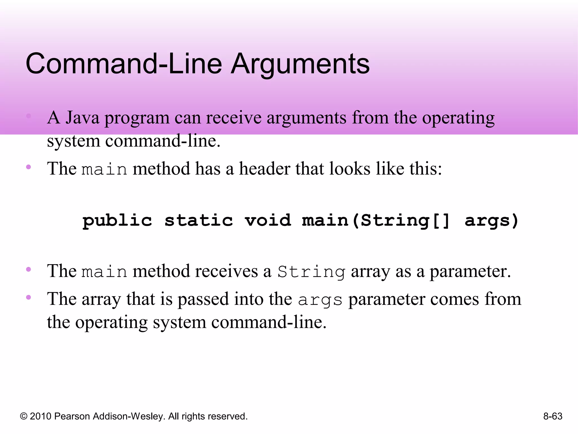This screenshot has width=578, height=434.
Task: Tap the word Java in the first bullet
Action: point(82,118)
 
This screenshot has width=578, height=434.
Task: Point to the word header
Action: point(264,169)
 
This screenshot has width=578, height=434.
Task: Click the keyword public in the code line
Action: point(117,220)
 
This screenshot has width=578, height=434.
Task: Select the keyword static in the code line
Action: point(199,220)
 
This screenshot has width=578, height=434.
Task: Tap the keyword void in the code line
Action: point(268,220)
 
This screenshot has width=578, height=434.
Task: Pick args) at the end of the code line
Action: point(492,220)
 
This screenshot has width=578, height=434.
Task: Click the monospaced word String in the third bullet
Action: point(311,272)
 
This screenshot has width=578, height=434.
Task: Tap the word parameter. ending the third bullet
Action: point(470,271)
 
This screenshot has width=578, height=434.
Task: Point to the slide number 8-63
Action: point(553,416)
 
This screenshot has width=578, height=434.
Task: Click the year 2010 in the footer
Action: point(40,416)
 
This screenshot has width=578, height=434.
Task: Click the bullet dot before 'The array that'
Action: point(29,297)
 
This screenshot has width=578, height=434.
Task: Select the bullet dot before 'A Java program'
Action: point(29,116)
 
